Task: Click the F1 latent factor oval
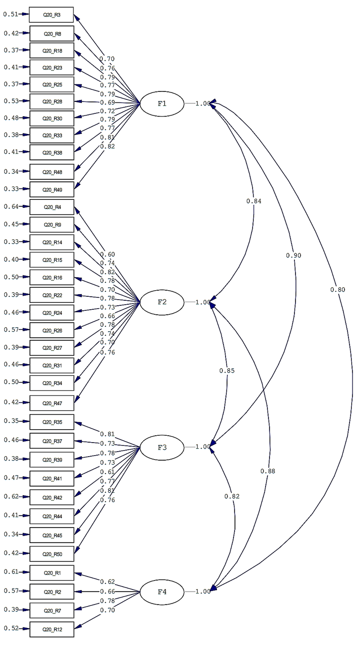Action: pyautogui.click(x=162, y=104)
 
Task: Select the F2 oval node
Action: pyautogui.click(x=162, y=302)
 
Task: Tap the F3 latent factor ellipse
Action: pyautogui.click(x=162, y=447)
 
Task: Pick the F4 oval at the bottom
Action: pyautogui.click(x=162, y=592)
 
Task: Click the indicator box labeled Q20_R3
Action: pyautogui.click(x=51, y=15)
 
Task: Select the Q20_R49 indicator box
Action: pyautogui.click(x=51, y=189)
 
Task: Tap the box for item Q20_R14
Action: pyautogui.click(x=51, y=242)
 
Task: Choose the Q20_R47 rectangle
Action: pyautogui.click(x=51, y=403)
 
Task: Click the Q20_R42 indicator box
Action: pyautogui.click(x=51, y=497)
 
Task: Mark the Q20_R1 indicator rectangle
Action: pyautogui.click(x=51, y=573)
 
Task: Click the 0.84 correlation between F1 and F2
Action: pyautogui.click(x=253, y=201)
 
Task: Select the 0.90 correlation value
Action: pyautogui.click(x=293, y=255)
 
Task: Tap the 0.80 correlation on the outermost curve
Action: pyautogui.click(x=337, y=289)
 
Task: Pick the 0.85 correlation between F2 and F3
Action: pyautogui.click(x=226, y=371)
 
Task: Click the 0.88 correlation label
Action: pyautogui.click(x=267, y=471)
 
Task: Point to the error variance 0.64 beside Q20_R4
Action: pyautogui.click(x=11, y=206)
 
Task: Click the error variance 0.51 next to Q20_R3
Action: pyautogui.click(x=11, y=14)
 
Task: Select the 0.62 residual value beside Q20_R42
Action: pyautogui.click(x=11, y=496)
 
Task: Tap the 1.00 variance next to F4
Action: pyautogui.click(x=203, y=592)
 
